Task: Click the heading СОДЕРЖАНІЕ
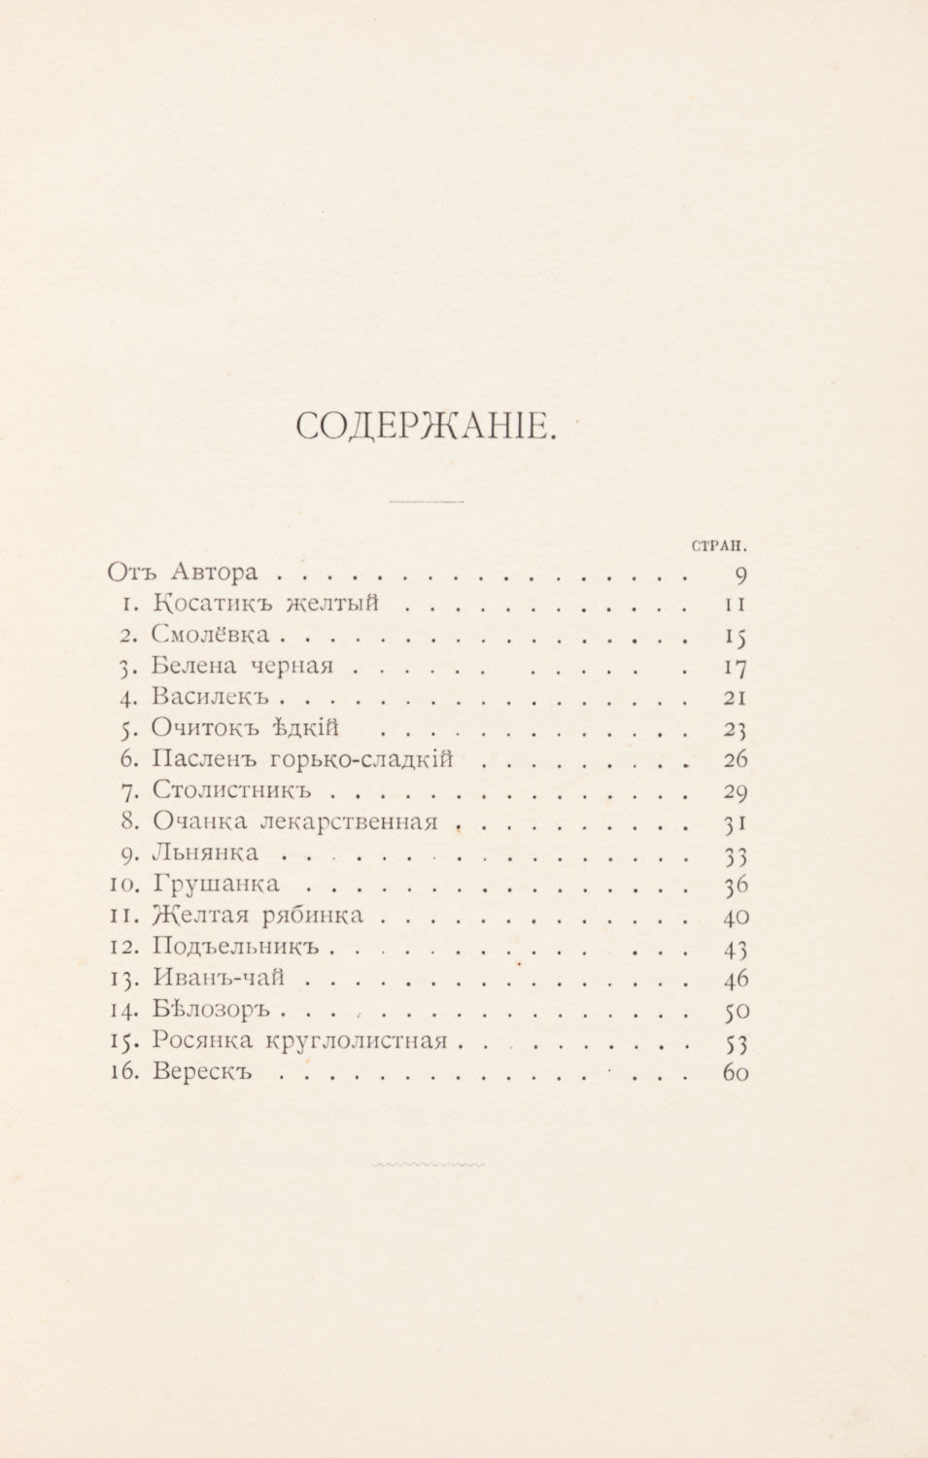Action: (x=425, y=426)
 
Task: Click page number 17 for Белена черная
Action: (x=735, y=668)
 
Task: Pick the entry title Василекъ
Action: (x=211, y=697)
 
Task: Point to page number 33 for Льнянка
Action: (x=735, y=854)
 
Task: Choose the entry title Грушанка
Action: (x=217, y=884)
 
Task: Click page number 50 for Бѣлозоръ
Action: (x=736, y=1010)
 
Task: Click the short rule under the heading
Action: (x=426, y=502)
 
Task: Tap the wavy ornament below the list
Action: (x=428, y=1163)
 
